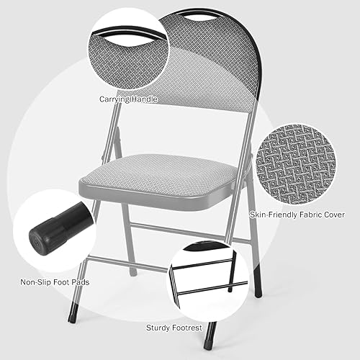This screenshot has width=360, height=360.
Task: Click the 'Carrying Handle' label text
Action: [x=130, y=99]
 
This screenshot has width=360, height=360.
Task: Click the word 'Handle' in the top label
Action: [x=145, y=99]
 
